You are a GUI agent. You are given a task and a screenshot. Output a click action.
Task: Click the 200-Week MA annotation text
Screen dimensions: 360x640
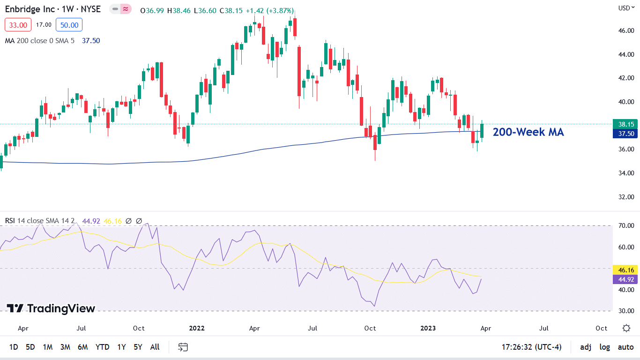[x=528, y=132]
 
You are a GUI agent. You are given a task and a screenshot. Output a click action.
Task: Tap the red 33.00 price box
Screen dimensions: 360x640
[x=18, y=24]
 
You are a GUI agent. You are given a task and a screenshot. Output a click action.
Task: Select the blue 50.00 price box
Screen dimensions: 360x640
[x=69, y=24]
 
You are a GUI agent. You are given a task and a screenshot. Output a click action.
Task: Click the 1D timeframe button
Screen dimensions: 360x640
[x=14, y=347]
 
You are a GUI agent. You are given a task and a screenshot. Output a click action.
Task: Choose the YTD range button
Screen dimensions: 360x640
[x=102, y=347]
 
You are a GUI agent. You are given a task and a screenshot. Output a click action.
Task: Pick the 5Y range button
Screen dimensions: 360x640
[x=138, y=347]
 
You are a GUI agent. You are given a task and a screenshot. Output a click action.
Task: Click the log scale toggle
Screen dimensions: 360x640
[x=605, y=347]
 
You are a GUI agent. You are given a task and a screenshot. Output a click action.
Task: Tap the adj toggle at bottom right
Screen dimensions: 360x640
[x=586, y=347]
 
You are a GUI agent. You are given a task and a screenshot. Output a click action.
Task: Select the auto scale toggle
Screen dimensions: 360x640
[x=626, y=347]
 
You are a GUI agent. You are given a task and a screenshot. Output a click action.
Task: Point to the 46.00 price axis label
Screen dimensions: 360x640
[x=626, y=30]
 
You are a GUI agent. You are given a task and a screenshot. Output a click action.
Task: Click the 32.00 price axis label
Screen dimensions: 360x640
[x=626, y=197]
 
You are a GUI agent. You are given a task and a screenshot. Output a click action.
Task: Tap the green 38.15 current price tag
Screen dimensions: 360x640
[x=626, y=124]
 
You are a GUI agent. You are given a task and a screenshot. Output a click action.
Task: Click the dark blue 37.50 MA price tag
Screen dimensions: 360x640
[x=626, y=134]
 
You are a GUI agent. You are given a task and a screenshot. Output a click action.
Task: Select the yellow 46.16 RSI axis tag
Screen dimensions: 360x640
[x=626, y=270]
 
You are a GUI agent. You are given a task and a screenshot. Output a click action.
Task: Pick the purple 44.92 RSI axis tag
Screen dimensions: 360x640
[x=626, y=279]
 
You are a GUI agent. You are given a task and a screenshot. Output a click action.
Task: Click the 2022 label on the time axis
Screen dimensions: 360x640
[x=197, y=328]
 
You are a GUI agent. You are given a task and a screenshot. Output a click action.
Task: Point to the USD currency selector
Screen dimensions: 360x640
[x=625, y=7]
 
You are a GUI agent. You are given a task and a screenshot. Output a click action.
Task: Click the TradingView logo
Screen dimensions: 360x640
[x=51, y=308]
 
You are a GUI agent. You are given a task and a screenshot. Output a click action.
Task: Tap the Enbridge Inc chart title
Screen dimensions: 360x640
[x=52, y=9]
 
